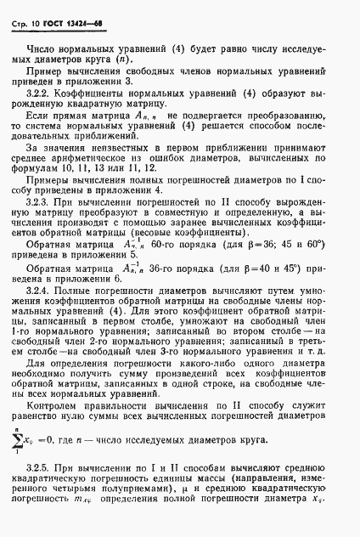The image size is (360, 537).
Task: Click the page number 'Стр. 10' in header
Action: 27,15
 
